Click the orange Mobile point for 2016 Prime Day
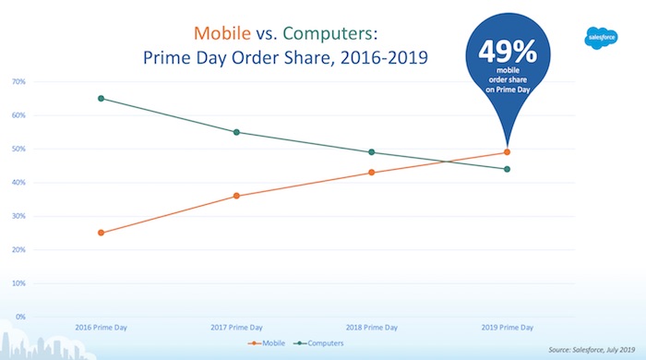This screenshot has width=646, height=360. [101, 233]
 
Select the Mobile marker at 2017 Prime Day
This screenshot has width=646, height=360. [236, 196]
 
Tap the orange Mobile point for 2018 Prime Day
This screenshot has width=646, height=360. [371, 173]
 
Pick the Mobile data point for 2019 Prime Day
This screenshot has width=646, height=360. [507, 152]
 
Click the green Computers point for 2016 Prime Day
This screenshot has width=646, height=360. [101, 98]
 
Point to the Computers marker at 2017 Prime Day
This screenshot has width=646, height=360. [236, 132]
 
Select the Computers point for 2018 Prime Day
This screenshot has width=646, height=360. [371, 152]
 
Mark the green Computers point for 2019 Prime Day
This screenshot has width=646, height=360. [507, 169]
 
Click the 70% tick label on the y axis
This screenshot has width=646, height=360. [18, 82]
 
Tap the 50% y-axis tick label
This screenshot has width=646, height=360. [18, 150]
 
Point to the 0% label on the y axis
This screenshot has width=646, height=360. [20, 318]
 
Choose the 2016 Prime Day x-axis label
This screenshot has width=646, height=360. [101, 328]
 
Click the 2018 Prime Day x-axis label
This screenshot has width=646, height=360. [371, 328]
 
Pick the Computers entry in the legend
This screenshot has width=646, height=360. [324, 344]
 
